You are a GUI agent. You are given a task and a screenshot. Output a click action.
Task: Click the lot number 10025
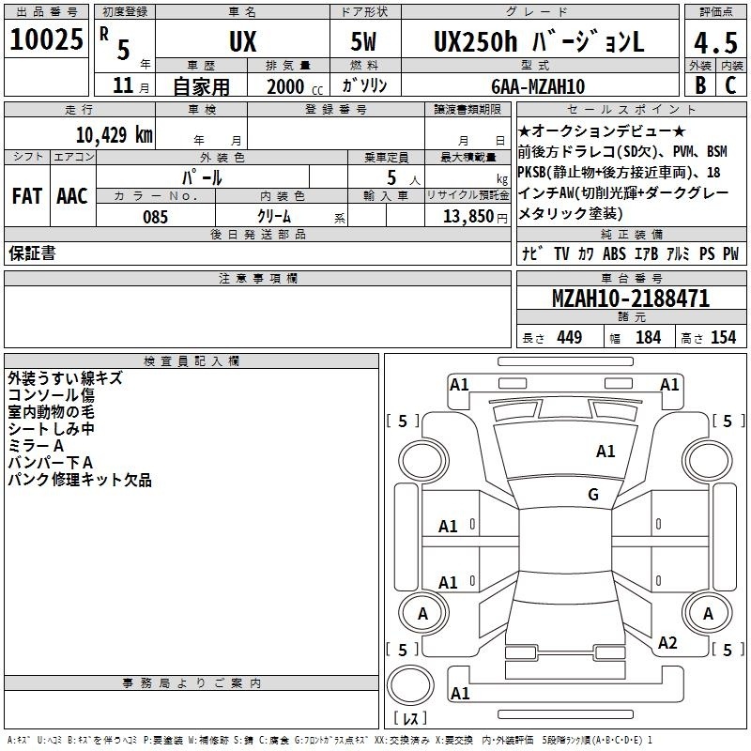pyautogui.click(x=48, y=41)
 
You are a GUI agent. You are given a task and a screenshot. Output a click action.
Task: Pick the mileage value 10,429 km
pyautogui.click(x=114, y=134)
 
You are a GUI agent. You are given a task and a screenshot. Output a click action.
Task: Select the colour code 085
pyautogui.click(x=156, y=217)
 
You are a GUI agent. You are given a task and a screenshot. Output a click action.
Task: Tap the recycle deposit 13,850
pyautogui.click(x=467, y=217)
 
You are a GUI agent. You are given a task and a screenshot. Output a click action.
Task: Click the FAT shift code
pyautogui.click(x=26, y=196)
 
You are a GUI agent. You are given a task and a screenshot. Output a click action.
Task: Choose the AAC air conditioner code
pyautogui.click(x=71, y=196)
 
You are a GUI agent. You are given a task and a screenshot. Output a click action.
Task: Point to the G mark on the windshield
pyautogui.click(x=593, y=494)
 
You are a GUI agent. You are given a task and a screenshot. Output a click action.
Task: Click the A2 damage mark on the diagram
pyautogui.click(x=668, y=643)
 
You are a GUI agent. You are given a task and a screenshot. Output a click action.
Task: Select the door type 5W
pyautogui.click(x=365, y=41)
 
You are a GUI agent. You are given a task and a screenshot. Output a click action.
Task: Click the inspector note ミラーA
pyautogui.click(x=36, y=445)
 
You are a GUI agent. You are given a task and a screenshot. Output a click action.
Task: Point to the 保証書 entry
pyautogui.click(x=32, y=253)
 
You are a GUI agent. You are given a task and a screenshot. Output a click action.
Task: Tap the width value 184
pyautogui.click(x=648, y=338)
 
